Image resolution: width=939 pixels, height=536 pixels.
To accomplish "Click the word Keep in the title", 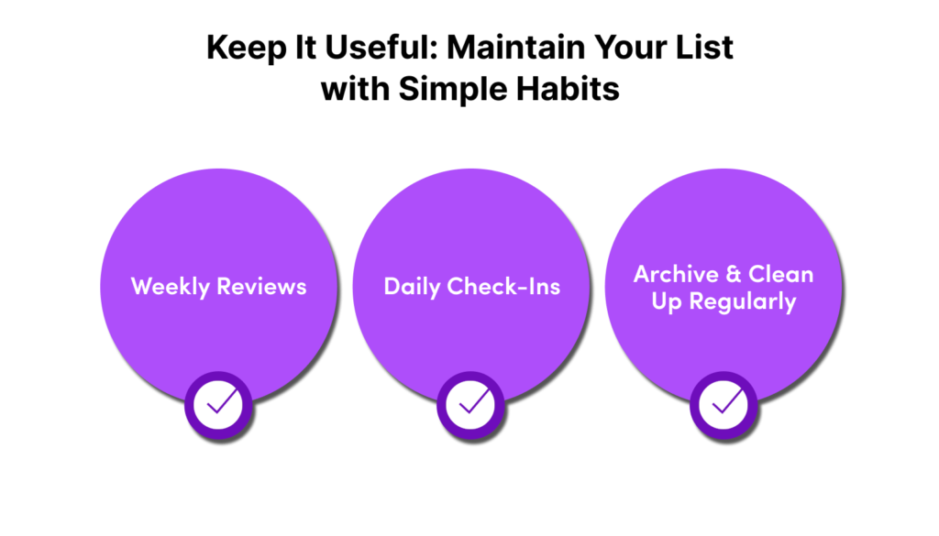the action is pos(246,49).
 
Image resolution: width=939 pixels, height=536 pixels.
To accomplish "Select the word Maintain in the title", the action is pos(515,48).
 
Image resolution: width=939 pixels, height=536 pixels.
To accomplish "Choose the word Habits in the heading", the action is pos(568,89).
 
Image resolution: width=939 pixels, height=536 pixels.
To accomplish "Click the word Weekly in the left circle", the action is pos(170,287).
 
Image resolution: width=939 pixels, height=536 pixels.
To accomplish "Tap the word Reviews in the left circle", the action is pos(261,287).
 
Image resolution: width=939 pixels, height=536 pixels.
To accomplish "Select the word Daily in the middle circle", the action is pos(412,287).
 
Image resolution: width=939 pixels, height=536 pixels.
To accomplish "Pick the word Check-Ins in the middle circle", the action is pos(503,287).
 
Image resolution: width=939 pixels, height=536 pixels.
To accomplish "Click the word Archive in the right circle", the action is pos(676,274).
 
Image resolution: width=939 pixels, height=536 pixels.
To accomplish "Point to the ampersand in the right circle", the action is pos(733,275).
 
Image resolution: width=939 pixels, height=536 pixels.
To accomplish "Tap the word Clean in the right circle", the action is pos(781,274).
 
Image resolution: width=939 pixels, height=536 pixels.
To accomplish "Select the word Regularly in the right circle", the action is pos(743,301).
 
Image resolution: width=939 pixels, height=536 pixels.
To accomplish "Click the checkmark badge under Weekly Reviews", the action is pos(218,406).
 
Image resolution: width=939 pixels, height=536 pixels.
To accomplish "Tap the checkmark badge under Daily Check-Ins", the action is pos(470,406).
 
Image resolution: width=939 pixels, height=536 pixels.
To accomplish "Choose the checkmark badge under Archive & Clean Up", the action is pos(724,406).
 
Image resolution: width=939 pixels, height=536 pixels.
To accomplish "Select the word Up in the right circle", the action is pos(667,302).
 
